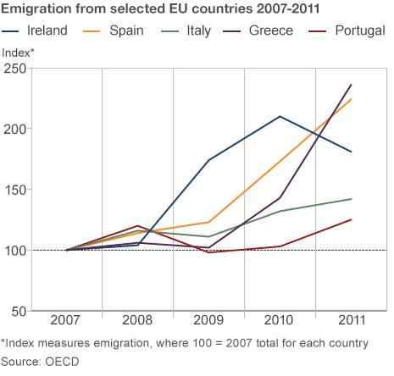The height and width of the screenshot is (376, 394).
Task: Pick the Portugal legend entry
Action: coord(357,30)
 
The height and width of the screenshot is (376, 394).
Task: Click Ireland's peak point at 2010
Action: coord(280,116)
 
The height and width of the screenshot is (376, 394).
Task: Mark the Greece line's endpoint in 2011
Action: coord(352,85)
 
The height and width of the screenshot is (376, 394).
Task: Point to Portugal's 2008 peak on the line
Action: coord(136,226)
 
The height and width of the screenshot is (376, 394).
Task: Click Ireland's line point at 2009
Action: coord(208,160)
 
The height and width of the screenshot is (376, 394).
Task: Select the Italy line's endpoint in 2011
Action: coord(352,199)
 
